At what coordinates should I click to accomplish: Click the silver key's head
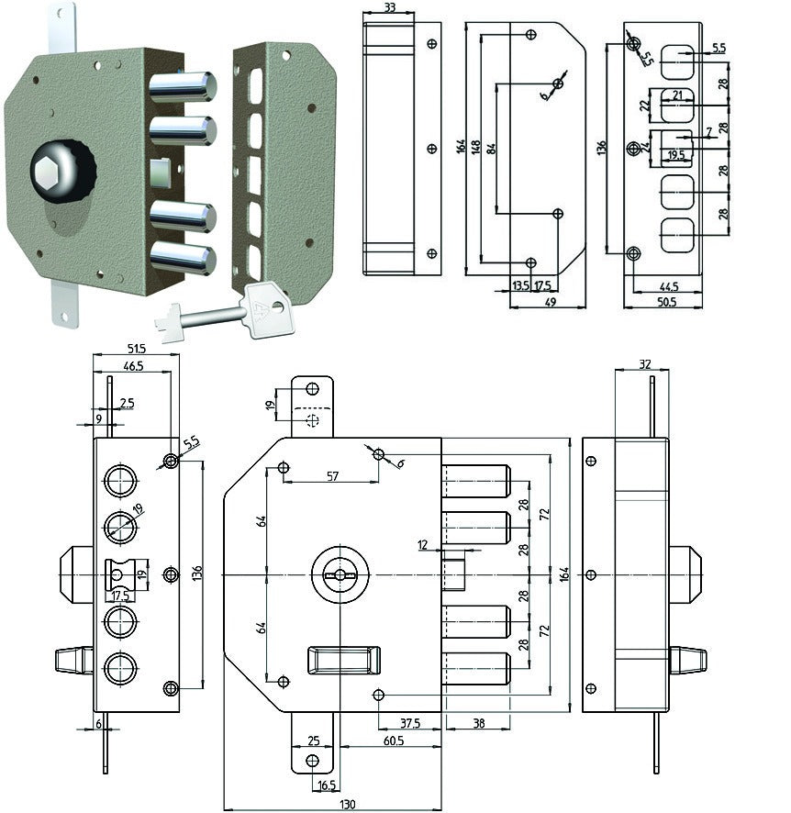click(267, 310)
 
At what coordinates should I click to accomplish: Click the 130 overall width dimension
click(347, 804)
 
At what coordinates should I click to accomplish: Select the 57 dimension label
click(333, 475)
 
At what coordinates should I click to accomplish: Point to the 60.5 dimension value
click(394, 741)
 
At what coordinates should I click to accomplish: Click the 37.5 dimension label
click(410, 723)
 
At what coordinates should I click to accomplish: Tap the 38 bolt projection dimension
click(478, 723)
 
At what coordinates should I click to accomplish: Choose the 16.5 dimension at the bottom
click(327, 785)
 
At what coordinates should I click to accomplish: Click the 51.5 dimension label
click(137, 349)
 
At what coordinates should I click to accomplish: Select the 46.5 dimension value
click(133, 366)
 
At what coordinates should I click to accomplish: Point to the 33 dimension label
click(390, 7)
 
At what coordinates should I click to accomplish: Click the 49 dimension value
click(551, 302)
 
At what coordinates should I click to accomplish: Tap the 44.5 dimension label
click(669, 286)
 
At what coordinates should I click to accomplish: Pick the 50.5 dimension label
click(666, 302)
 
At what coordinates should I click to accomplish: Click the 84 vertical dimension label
click(492, 149)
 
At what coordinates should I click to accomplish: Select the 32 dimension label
click(644, 364)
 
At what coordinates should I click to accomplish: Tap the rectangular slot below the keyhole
click(344, 660)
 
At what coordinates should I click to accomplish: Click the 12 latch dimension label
click(422, 544)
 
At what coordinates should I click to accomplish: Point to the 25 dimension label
click(314, 741)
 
